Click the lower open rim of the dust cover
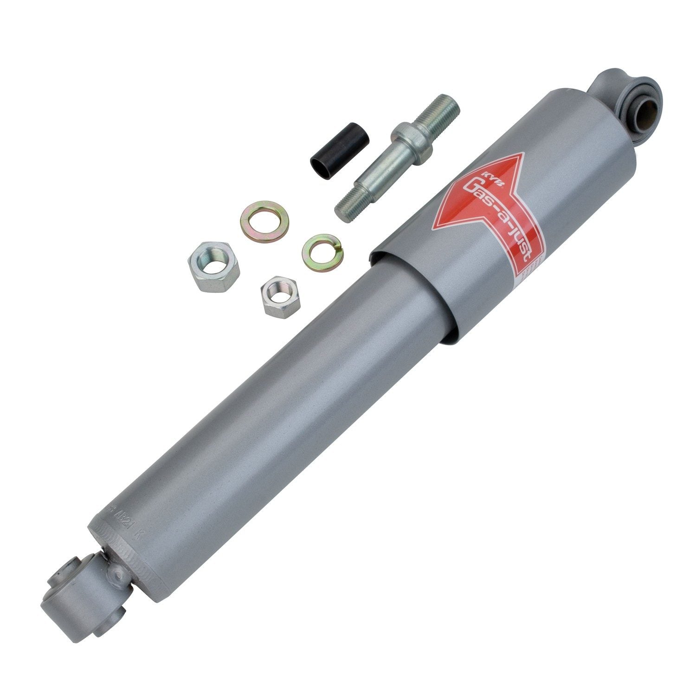click(413, 297)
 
